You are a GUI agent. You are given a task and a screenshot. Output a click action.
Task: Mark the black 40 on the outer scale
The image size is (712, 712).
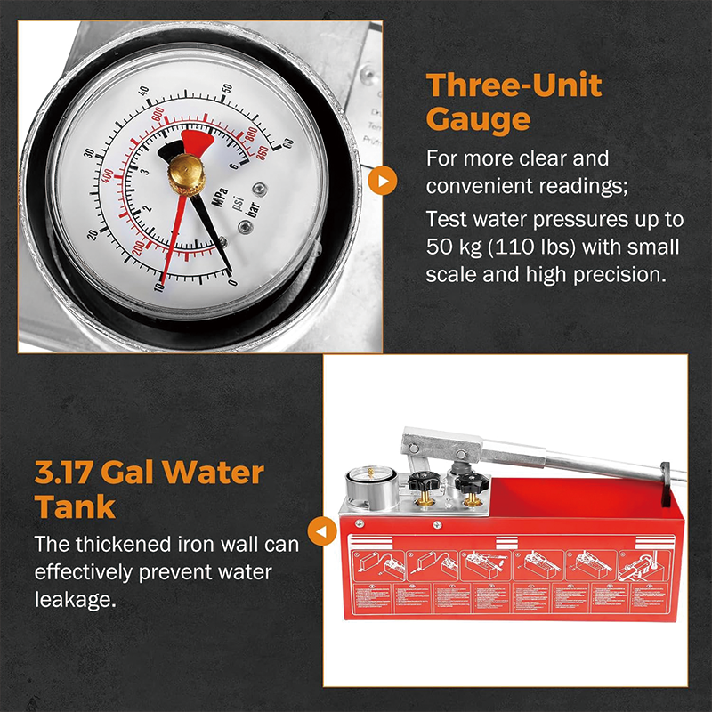point(144,91)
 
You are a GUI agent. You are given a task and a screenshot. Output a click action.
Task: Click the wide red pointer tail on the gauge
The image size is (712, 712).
point(197,142)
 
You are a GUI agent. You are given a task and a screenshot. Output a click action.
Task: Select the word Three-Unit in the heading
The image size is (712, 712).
point(514,85)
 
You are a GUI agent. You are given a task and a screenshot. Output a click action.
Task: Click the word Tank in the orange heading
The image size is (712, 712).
point(76,506)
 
